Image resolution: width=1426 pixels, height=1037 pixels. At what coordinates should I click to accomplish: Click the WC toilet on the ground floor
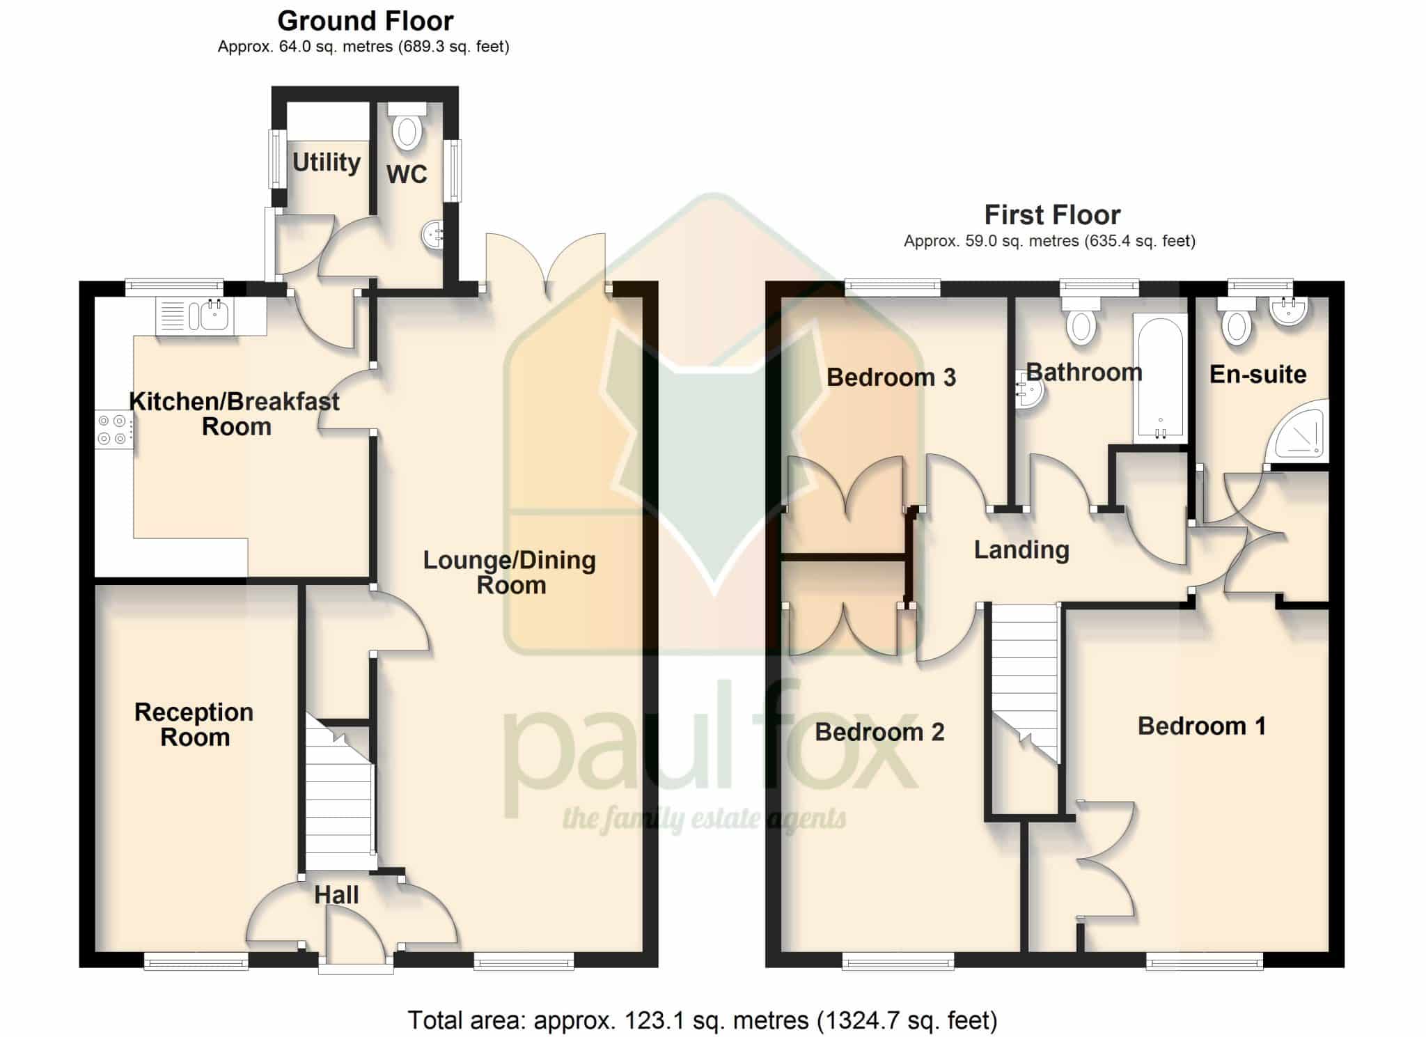coord(407,125)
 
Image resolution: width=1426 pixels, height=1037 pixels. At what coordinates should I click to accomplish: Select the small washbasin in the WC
coord(433,234)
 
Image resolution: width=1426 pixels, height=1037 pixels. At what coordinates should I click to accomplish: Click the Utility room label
coord(326,162)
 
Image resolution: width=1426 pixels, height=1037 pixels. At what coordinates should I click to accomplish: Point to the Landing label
coord(1021,549)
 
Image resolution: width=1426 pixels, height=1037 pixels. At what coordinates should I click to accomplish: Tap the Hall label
coord(336,895)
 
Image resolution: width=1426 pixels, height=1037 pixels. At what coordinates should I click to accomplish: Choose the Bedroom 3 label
coord(891,377)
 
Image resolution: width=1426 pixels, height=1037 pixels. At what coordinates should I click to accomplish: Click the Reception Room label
coord(194,724)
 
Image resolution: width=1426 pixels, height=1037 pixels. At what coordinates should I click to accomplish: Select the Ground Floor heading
coord(366,21)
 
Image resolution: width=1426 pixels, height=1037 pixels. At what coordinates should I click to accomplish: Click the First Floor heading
coord(1052,215)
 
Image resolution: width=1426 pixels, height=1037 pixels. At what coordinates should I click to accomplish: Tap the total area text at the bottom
coord(703,1020)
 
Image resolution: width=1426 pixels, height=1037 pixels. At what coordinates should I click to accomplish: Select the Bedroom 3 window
coord(893,287)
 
